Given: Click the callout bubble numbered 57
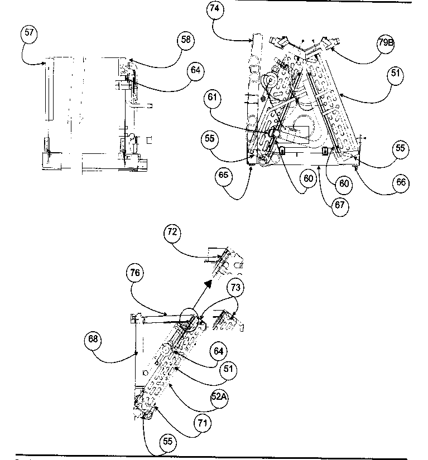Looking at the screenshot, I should (x=30, y=32).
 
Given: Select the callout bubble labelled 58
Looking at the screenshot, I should (x=186, y=40).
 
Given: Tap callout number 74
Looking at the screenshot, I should (x=215, y=9).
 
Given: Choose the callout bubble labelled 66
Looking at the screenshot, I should (x=401, y=183).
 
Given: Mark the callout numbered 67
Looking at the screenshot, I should (x=342, y=205).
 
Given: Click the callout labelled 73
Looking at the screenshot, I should (x=235, y=287).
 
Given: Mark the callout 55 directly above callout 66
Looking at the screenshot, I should (x=401, y=149).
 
